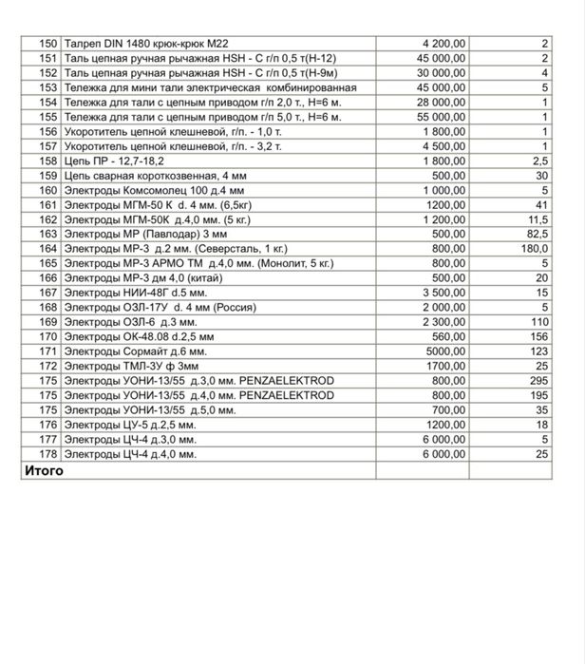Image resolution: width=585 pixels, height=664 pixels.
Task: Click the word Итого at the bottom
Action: tap(44, 470)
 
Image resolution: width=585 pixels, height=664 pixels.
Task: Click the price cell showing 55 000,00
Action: tap(441, 116)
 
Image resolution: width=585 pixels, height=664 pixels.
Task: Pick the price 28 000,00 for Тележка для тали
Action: tap(441, 102)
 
